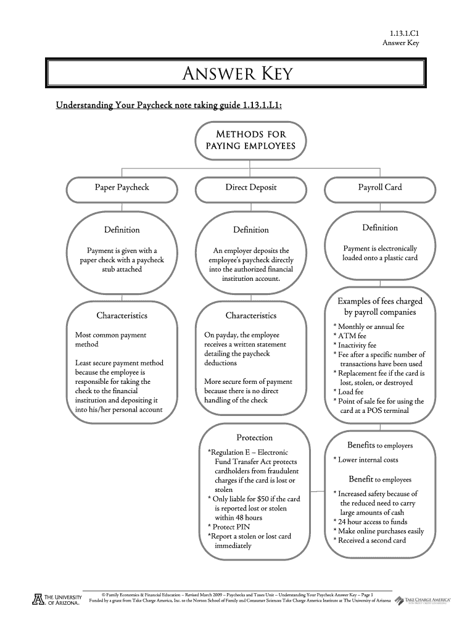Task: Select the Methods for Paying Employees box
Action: [x=250, y=140]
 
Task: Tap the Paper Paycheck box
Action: [x=122, y=187]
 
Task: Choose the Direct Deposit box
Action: [x=250, y=187]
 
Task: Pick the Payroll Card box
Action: [x=380, y=187]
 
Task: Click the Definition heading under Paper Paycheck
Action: [x=122, y=230]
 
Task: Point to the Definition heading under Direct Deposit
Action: [x=250, y=230]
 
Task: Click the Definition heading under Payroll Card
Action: [x=380, y=228]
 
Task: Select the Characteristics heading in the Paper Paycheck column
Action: [x=122, y=315]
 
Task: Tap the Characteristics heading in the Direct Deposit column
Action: [x=250, y=315]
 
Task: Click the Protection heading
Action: [x=255, y=438]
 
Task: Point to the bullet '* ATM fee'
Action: [x=349, y=336]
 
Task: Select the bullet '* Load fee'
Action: [x=349, y=391]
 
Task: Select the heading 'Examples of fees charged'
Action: [x=380, y=301]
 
